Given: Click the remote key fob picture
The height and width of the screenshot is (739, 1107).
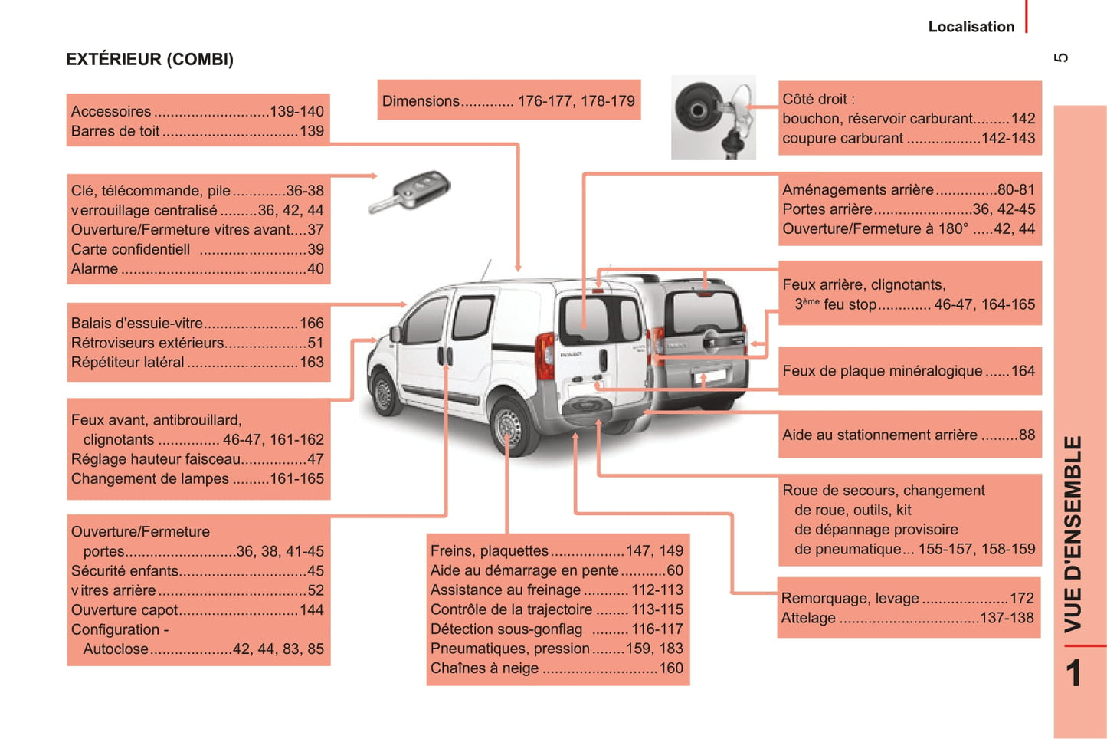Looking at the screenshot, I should click(411, 192).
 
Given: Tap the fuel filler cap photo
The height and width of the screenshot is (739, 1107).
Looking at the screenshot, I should click(713, 117).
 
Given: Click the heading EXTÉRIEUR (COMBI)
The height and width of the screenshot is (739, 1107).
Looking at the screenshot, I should click(149, 59).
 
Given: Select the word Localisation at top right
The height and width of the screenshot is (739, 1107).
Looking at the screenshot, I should click(971, 27).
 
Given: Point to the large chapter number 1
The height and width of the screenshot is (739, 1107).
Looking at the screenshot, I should click(1073, 673).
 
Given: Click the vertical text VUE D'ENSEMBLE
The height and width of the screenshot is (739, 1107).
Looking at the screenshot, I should click(1073, 534).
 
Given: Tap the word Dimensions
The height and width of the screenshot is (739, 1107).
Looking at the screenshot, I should click(421, 101).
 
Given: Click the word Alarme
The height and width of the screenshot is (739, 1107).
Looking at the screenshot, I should click(94, 269).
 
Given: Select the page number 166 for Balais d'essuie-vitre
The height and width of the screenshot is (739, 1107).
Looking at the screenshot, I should click(312, 324).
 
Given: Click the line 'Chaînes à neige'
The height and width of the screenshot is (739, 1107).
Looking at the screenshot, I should click(484, 668).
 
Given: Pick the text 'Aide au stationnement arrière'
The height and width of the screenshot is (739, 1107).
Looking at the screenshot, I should click(879, 435).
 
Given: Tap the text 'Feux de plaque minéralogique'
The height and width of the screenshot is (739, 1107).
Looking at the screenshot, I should click(882, 371).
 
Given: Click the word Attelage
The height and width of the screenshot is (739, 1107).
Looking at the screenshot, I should click(808, 618).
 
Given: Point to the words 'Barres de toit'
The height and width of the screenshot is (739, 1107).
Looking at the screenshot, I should click(115, 131).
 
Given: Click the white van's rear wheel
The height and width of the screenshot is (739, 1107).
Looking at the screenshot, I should click(509, 425).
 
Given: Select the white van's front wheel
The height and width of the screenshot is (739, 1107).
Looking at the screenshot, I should click(383, 392).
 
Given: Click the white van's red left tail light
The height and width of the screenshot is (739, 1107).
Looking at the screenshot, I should click(545, 356).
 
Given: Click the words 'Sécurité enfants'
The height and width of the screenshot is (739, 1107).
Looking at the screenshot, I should click(124, 571).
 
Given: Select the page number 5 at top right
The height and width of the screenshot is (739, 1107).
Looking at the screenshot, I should click(1062, 58).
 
